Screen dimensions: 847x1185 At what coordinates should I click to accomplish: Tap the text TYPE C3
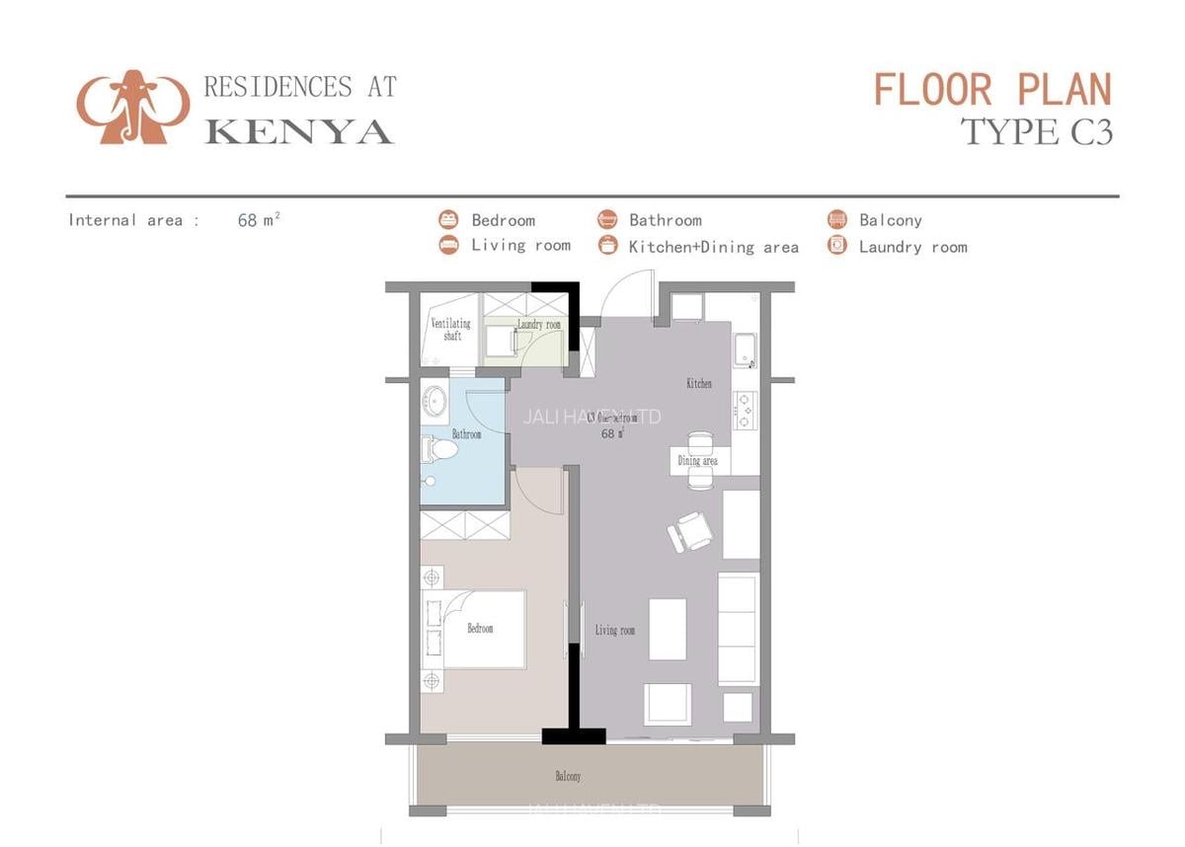pyautogui.click(x=1037, y=131)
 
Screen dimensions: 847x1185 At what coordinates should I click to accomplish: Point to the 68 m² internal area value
pyautogui.click(x=259, y=220)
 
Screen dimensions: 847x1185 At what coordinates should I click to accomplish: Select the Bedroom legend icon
pyautogui.click(x=449, y=219)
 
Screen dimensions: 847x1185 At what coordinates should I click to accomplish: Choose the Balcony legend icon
pyautogui.click(x=837, y=219)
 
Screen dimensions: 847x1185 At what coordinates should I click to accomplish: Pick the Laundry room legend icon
pyautogui.click(x=837, y=246)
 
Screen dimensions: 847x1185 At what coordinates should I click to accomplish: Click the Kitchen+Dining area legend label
pyautogui.click(x=713, y=247)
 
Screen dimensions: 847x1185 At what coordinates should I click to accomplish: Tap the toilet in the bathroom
pyautogui.click(x=440, y=451)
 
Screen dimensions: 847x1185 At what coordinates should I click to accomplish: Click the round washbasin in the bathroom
pyautogui.click(x=435, y=402)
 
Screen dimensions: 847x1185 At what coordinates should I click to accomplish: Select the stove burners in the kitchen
pyautogui.click(x=745, y=409)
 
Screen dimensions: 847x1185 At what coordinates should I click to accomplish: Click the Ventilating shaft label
pyautogui.click(x=451, y=330)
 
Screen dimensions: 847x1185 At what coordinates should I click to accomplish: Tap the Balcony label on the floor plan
pyautogui.click(x=568, y=777)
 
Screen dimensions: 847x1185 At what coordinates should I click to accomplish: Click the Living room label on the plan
pyautogui.click(x=614, y=630)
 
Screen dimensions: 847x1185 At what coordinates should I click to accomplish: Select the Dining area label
pyautogui.click(x=697, y=461)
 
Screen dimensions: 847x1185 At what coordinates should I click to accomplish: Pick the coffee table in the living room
pyautogui.click(x=668, y=629)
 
